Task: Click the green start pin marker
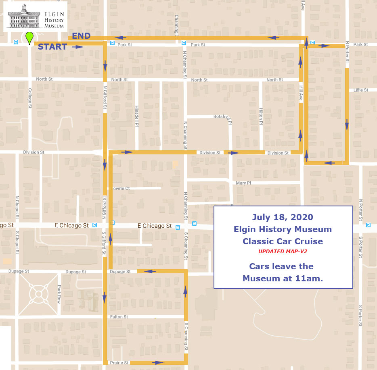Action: pos(29,38)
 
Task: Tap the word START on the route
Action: pos(52,47)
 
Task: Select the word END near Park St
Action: pos(81,36)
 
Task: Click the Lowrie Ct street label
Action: pos(121,188)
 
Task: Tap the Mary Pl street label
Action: pos(243,183)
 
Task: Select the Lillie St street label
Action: pos(361,90)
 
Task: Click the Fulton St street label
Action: pos(119,317)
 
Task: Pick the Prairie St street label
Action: pos(119,363)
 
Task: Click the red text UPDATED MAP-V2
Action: pos(283,252)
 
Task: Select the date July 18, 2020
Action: pos(283,217)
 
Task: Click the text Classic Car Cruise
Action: pos(283,241)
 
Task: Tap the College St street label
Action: pos(30,99)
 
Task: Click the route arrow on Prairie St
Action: pos(158,362)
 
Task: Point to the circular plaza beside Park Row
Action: pos(39,294)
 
